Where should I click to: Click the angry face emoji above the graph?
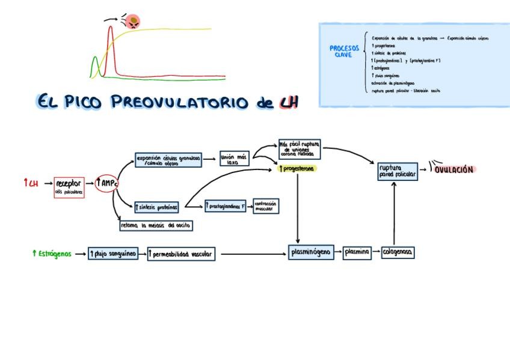coord(133,22)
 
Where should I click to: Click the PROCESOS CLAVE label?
coord(344,51)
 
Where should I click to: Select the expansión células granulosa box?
coord(168,160)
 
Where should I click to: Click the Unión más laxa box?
coord(234,159)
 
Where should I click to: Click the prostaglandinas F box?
coord(227,206)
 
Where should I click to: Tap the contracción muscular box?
coord(265,206)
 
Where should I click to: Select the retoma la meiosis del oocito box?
coord(156,225)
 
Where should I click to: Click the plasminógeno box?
coord(310,252)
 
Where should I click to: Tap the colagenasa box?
coord(398,252)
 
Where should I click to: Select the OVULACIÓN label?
coord(454,169)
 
